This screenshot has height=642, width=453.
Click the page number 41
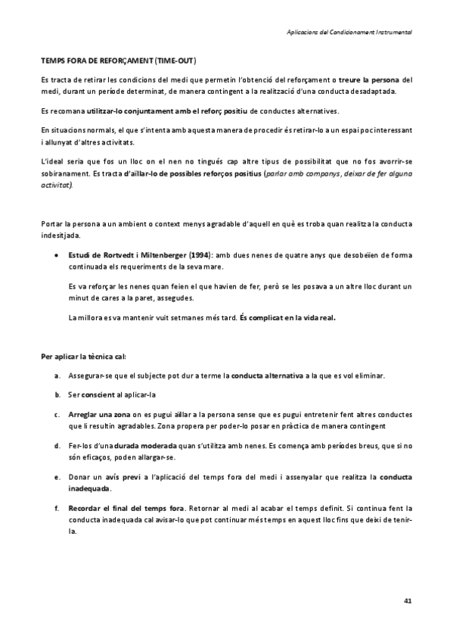(x=408, y=600)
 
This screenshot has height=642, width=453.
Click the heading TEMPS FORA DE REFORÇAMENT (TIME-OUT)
(x=122, y=59)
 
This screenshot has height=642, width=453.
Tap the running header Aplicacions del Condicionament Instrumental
(x=349, y=32)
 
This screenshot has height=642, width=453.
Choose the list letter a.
(x=57, y=376)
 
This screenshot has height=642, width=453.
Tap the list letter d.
(x=57, y=446)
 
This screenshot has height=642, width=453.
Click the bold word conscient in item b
(x=98, y=395)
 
